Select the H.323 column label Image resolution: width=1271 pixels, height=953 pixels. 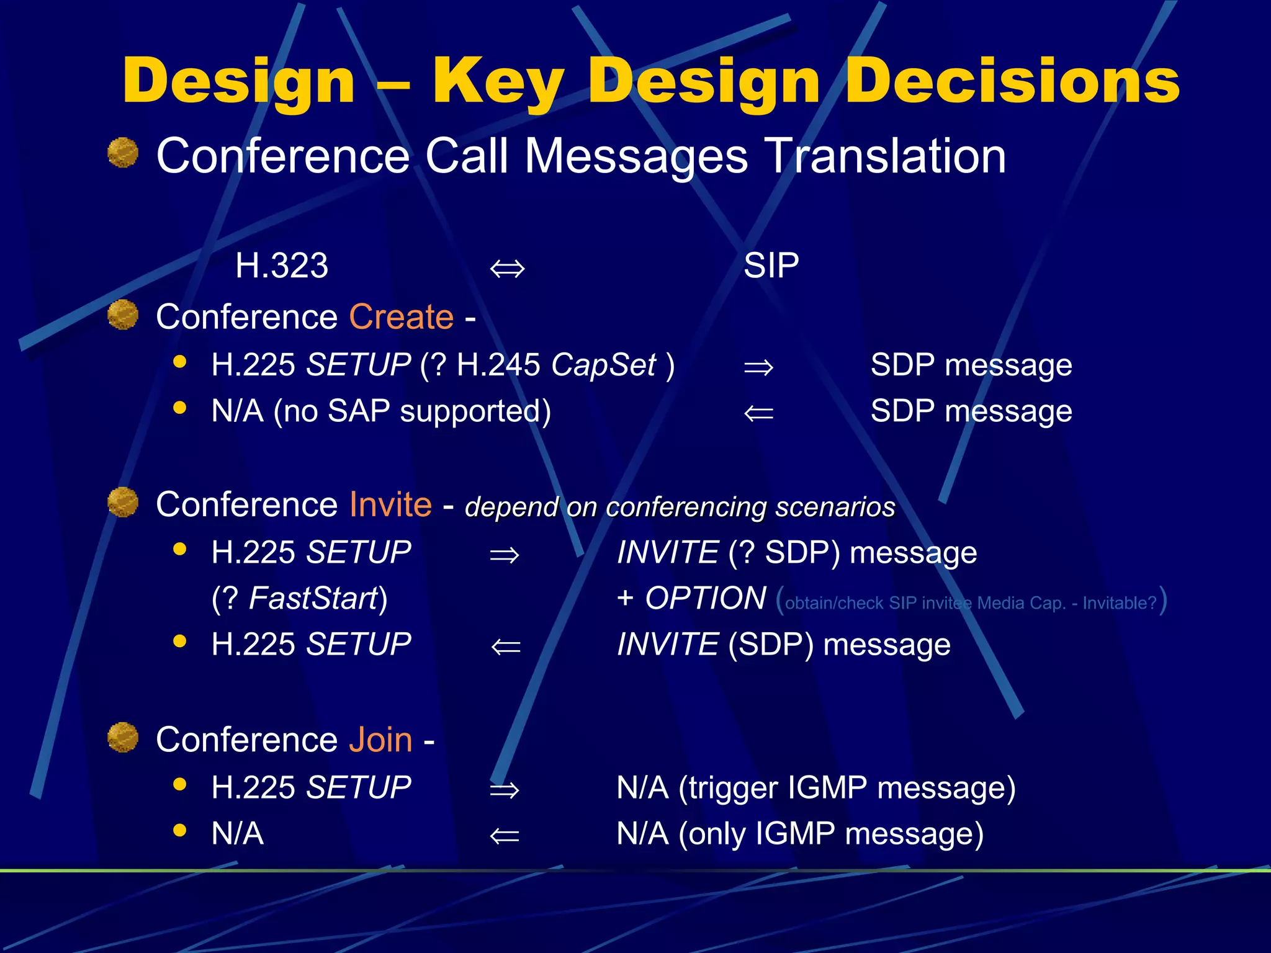[282, 266]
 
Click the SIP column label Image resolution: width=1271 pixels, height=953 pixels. [771, 266]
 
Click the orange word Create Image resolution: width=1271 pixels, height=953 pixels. [402, 317]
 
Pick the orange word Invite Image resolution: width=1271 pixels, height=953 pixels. [390, 504]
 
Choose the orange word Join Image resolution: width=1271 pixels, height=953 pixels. [380, 740]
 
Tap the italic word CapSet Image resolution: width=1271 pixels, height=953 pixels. [603, 365]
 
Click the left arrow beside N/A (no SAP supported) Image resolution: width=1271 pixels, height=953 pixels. [758, 414]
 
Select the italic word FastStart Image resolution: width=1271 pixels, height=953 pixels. [313, 599]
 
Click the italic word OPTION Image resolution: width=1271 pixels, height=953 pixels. [706, 599]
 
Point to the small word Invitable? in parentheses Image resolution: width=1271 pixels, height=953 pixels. [1120, 603]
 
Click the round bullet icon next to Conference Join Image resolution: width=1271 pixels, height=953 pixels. [123, 737]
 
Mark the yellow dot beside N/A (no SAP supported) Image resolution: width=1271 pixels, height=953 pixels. [180, 408]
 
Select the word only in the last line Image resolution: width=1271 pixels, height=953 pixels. [717, 834]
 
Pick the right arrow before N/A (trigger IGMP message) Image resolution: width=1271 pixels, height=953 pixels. [504, 790]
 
